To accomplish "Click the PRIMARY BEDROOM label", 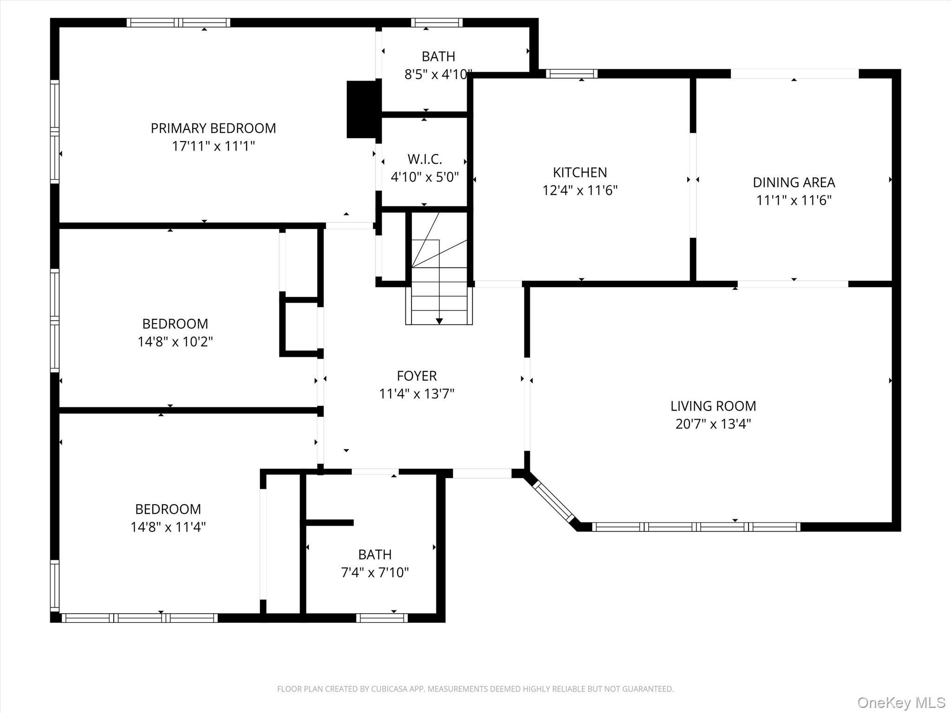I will (x=213, y=128).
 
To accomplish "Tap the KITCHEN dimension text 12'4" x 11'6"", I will (x=580, y=190).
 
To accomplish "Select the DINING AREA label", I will (x=794, y=182).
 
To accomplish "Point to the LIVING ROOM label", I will (x=713, y=406).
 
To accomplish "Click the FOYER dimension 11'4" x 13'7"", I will (x=417, y=394).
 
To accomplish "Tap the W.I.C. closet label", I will (x=424, y=159).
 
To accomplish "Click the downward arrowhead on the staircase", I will (x=439, y=321).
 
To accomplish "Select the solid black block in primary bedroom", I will (x=363, y=110).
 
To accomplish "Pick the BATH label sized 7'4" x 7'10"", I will (x=375, y=555).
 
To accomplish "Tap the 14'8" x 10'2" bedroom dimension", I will (x=175, y=342).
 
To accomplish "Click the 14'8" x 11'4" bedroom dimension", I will (x=168, y=527).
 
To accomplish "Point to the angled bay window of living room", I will (x=554, y=501).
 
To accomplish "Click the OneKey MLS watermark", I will (x=901, y=702).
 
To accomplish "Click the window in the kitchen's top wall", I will (x=571, y=74).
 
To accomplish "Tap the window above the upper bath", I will (x=436, y=23).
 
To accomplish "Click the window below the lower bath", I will (x=382, y=618).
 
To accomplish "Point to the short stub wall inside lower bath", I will (x=330, y=523).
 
